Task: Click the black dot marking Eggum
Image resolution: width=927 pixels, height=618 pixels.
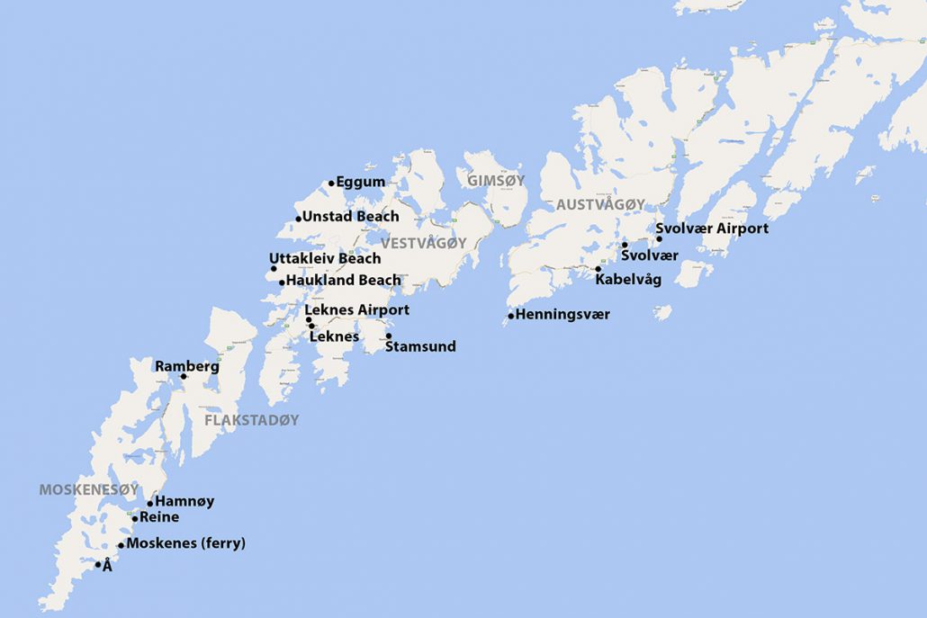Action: pos(331,183)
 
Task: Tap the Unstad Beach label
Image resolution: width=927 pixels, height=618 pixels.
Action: pos(350,217)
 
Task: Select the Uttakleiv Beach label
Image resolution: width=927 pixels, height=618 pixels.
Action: pos(325,258)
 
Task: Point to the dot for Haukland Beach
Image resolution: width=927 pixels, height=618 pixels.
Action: pos(282,282)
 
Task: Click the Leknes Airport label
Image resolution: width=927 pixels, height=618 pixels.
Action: pos(357,309)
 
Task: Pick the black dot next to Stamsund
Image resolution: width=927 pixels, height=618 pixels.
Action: pos(389,336)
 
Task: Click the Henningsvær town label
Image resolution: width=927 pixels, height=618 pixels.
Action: pos(562,315)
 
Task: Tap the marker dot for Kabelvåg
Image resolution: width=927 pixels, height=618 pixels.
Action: pos(598,268)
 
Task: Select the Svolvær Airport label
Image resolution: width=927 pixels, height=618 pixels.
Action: pos(712,228)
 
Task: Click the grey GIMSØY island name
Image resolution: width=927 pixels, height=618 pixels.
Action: pos(495,181)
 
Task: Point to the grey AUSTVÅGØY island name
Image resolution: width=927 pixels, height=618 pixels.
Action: pos(600,205)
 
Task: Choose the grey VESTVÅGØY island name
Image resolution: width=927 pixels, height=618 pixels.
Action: pos(423,243)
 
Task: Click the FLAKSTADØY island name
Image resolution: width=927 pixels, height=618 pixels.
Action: pos(251,420)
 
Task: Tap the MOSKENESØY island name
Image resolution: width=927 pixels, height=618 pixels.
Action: pos(88,489)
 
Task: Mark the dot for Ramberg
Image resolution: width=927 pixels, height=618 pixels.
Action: pos(184,376)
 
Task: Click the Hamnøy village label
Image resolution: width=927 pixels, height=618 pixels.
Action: pos(184,501)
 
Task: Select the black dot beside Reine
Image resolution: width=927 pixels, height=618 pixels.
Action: pos(135,518)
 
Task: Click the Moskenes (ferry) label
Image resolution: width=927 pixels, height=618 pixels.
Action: pos(185,543)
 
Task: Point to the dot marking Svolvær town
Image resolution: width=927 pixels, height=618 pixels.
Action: pos(625,245)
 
